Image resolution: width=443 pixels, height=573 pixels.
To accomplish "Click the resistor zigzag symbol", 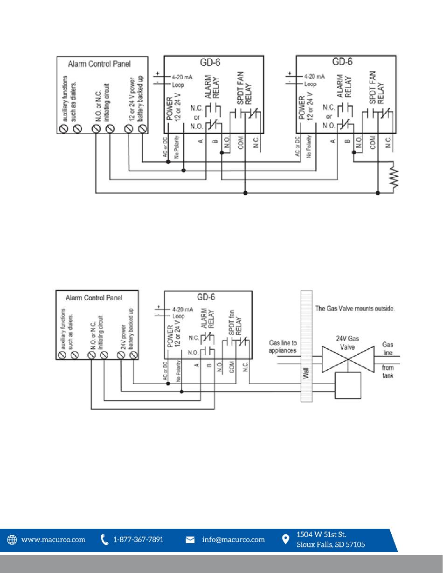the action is click(395, 176).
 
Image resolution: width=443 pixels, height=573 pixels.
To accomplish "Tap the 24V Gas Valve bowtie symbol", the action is click(348, 359).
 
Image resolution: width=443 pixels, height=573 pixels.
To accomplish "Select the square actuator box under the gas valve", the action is click(348, 385).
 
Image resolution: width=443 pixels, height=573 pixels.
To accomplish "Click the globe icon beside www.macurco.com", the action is click(12, 539).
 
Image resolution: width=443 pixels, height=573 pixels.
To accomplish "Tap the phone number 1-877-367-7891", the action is click(138, 539).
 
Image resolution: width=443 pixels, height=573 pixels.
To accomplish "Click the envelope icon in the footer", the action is click(190, 540).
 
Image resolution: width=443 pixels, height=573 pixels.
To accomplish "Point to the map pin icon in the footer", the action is click(285, 539).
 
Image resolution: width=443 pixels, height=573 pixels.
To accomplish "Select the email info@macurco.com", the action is click(233, 540).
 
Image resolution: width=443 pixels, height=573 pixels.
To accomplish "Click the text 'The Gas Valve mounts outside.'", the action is click(355, 308).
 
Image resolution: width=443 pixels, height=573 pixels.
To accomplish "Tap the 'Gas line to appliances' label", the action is click(283, 346).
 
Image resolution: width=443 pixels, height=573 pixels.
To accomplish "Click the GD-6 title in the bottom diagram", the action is click(206, 297).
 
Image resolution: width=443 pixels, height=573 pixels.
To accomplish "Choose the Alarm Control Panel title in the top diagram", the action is click(99, 64).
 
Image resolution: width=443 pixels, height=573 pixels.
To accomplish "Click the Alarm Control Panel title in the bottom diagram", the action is click(94, 298).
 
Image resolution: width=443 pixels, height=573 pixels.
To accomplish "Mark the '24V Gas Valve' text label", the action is click(347, 343).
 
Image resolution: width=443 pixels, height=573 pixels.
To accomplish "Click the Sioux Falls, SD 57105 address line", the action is click(331, 545).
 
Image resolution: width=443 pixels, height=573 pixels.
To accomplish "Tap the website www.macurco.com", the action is click(53, 540).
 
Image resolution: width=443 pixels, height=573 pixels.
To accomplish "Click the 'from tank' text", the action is click(388, 372).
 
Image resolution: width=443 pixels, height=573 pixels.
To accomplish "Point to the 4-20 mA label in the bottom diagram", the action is click(182, 309).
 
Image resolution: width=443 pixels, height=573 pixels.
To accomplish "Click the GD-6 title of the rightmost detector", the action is click(342, 62).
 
